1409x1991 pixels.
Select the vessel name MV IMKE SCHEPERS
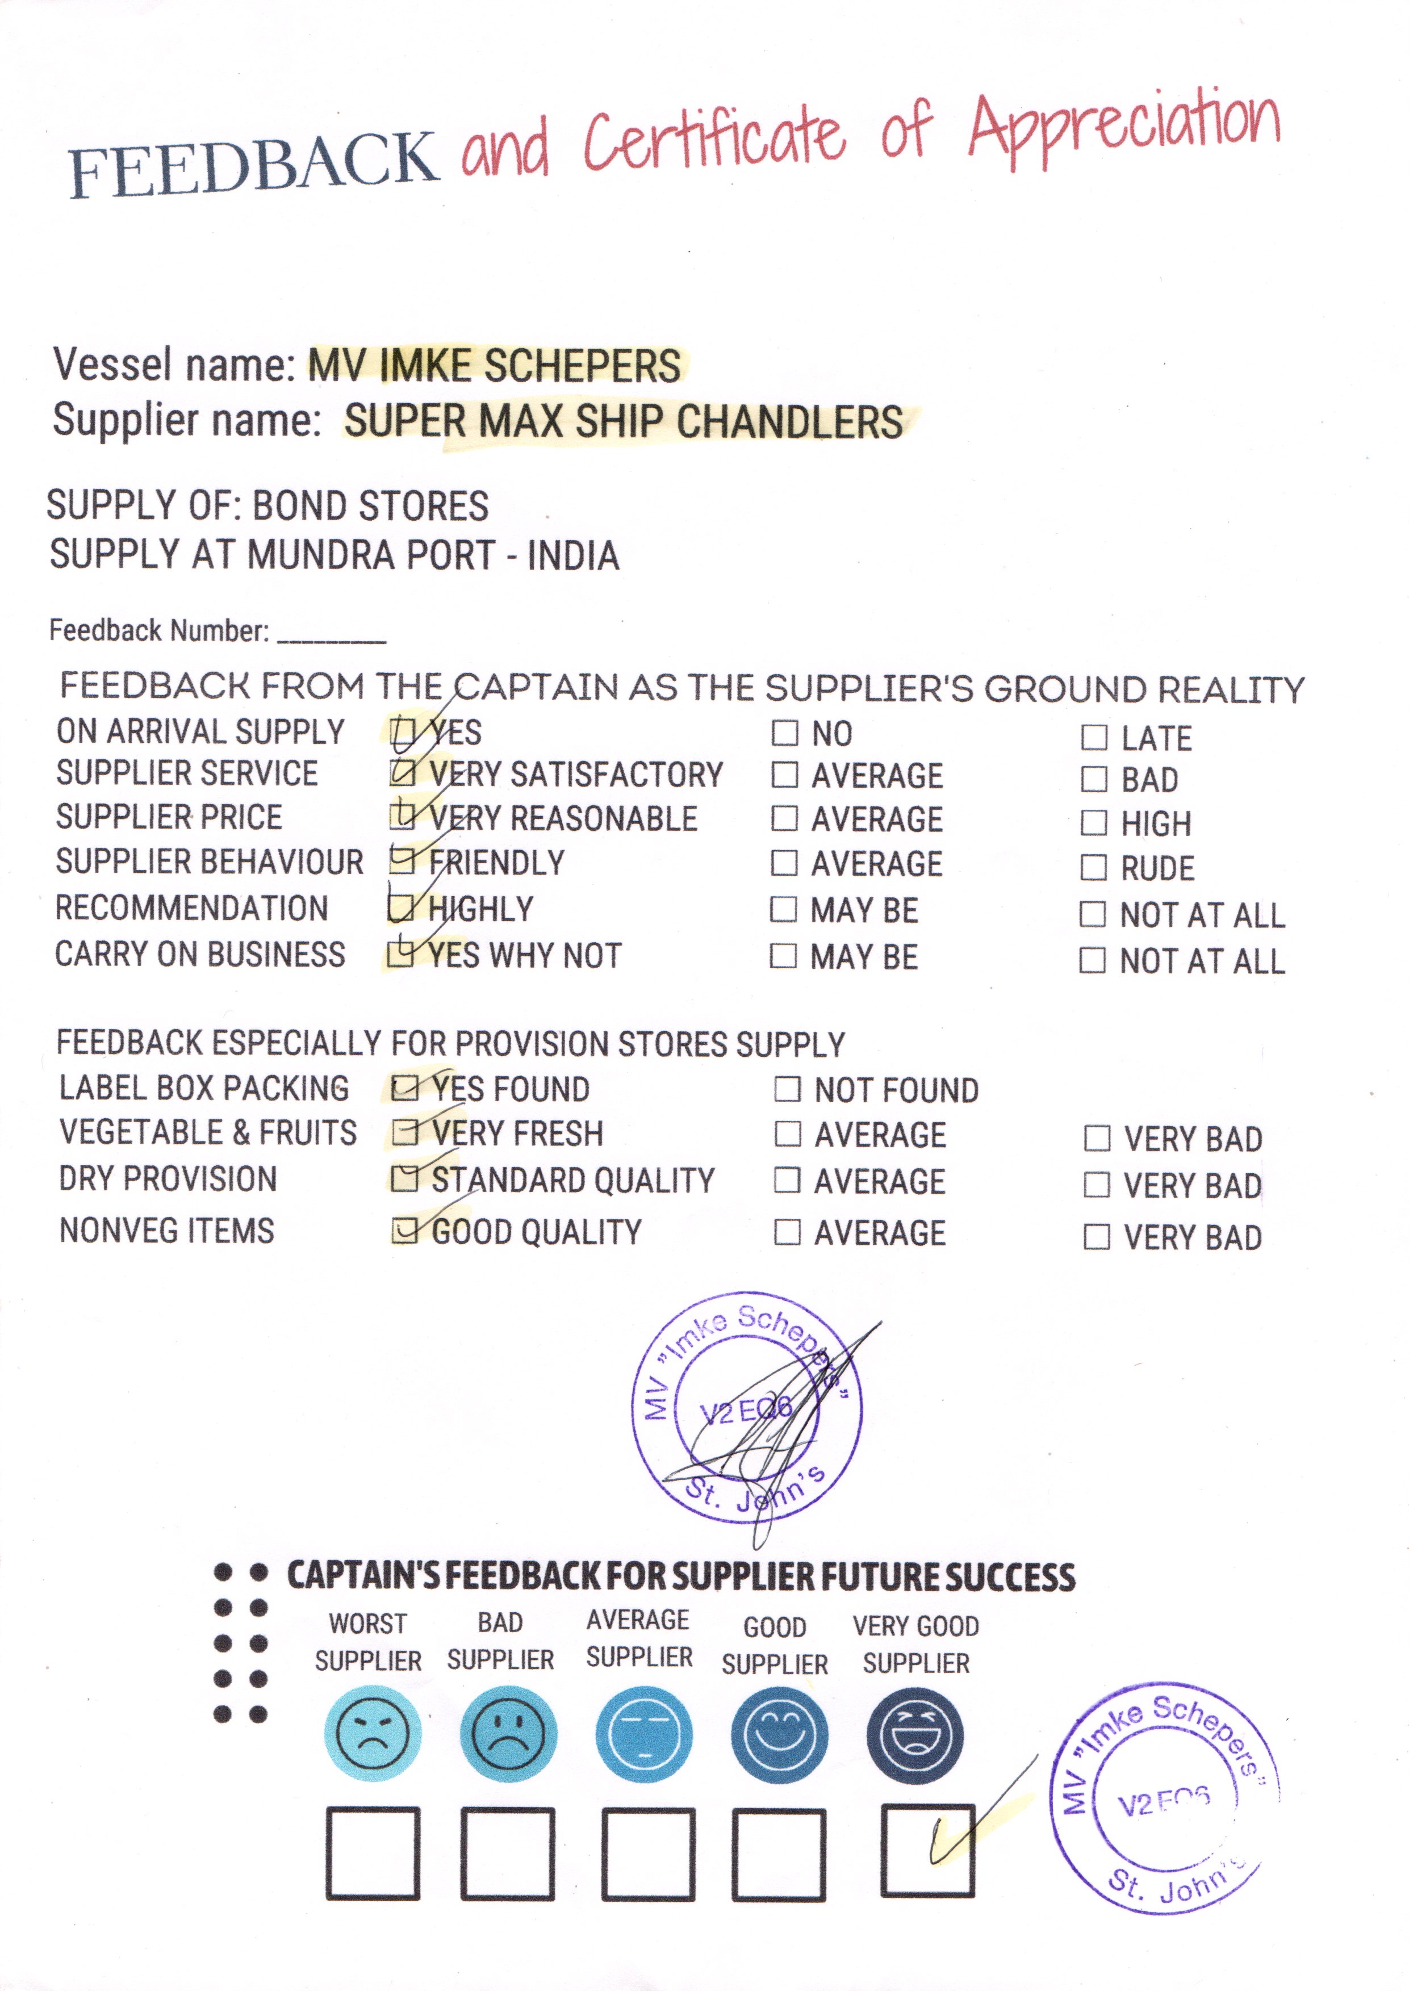click(495, 365)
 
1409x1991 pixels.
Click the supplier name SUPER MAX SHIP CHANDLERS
click(623, 421)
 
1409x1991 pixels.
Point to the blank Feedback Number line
click(332, 633)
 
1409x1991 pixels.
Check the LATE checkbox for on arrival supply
click(1094, 738)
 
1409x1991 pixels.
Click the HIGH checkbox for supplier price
click(1093, 822)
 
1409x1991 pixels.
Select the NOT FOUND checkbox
click(787, 1089)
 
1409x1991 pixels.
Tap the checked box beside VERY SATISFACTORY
click(403, 772)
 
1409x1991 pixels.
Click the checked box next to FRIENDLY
click(402, 860)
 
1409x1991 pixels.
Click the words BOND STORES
click(370, 506)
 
